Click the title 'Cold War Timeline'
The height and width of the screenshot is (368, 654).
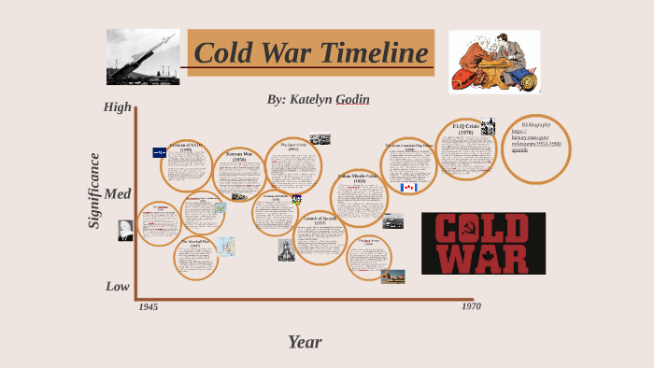[x=311, y=53]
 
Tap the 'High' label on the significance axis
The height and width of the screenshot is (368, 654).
[x=118, y=106]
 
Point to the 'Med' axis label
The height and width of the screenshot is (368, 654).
[x=118, y=194]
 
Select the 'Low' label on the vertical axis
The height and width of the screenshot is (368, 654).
[x=118, y=286]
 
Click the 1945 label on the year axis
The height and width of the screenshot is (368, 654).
[x=149, y=306]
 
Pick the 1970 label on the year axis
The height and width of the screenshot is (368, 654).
[x=471, y=305]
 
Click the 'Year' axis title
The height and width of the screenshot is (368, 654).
[x=305, y=342]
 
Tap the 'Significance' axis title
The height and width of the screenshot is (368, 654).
[x=94, y=191]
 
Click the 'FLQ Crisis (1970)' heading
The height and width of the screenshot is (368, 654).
[x=465, y=129]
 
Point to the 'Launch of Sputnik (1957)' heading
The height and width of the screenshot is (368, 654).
[x=320, y=220]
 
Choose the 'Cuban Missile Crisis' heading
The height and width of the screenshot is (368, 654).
[x=359, y=177]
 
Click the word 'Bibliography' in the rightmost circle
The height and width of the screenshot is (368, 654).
[x=536, y=124]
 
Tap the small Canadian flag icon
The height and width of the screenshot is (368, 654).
[x=408, y=188]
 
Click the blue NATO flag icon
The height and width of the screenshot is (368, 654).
[x=160, y=152]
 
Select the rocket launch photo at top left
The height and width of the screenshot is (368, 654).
[x=143, y=57]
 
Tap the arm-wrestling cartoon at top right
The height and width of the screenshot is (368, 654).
[x=494, y=62]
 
